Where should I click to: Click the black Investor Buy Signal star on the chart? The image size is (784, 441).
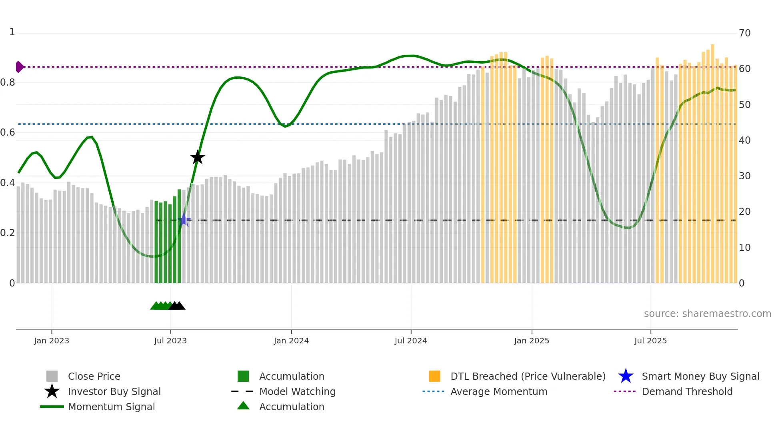coord(197,158)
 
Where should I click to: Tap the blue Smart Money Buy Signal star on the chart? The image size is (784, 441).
coord(184,220)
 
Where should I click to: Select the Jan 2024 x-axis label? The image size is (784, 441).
coord(291,341)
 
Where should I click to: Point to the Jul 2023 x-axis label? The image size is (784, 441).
coord(170,341)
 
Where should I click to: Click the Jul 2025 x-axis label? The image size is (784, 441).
coord(650,341)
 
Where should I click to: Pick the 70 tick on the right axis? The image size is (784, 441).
coord(744,33)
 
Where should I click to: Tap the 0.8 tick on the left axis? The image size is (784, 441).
coord(8,82)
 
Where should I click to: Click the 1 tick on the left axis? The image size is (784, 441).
coord(12,32)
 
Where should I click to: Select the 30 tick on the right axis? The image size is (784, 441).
coord(744,176)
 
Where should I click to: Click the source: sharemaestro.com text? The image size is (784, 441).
coord(707,314)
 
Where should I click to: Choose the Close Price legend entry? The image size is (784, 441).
coord(94,377)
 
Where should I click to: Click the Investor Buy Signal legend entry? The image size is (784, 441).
coord(114,392)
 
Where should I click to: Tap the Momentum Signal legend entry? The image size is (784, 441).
coord(111,407)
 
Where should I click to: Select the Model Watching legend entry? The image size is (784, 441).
coord(297,392)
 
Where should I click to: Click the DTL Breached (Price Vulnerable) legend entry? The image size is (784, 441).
coord(528,377)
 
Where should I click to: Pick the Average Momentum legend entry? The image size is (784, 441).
coord(499,392)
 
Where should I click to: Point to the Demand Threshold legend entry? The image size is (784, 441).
coord(687,392)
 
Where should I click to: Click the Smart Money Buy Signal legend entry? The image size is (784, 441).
coord(700,377)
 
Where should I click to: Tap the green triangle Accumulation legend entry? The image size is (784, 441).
coord(292,407)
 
